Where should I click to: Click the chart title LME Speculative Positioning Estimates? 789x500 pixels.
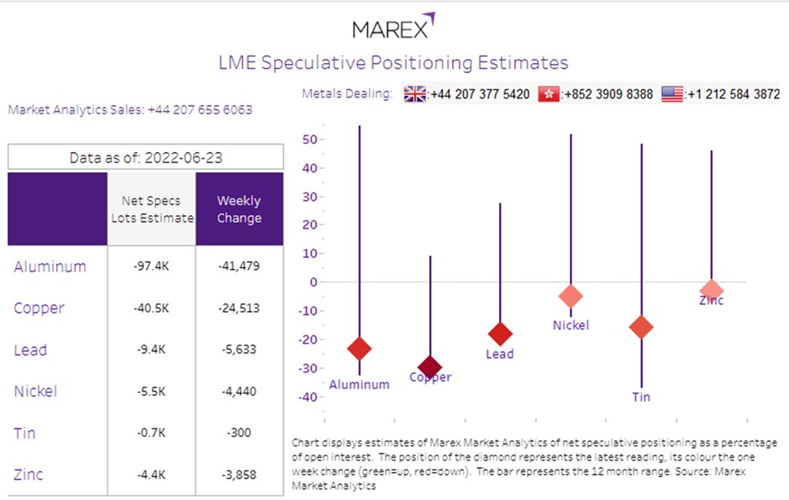tap(393, 63)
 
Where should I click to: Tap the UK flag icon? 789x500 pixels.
tap(415, 94)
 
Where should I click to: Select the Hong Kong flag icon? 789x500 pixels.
tap(549, 94)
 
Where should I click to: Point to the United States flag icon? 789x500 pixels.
tap(672, 94)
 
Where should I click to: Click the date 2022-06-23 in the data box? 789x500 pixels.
tap(181, 157)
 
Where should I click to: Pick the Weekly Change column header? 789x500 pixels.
tap(239, 209)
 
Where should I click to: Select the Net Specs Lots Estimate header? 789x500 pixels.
tap(151, 209)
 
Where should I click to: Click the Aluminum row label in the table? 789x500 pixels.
tap(50, 266)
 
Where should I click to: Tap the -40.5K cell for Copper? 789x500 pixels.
tap(151, 308)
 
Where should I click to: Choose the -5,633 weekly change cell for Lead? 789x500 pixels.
tap(239, 350)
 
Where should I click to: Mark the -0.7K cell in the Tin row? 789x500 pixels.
tap(151, 433)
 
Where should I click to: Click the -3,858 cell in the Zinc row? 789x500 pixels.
tap(239, 474)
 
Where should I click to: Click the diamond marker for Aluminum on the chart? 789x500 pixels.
tap(360, 348)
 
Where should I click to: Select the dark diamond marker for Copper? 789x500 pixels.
tap(430, 366)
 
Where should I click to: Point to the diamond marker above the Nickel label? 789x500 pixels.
tap(571, 296)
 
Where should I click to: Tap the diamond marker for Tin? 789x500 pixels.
tap(642, 327)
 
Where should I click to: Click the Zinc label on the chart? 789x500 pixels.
tap(711, 300)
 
